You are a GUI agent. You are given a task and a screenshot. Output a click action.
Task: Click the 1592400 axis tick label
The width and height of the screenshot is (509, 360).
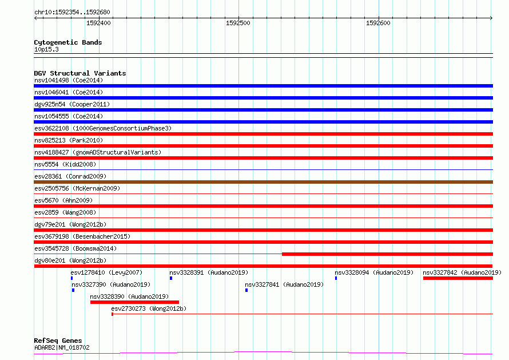[x=98, y=23]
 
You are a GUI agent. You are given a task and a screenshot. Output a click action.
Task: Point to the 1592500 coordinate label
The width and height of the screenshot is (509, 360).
[x=238, y=23]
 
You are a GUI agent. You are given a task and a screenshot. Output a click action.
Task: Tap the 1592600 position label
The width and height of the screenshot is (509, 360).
[x=378, y=23]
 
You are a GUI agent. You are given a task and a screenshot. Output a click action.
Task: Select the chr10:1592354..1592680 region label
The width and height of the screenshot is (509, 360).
[x=72, y=13]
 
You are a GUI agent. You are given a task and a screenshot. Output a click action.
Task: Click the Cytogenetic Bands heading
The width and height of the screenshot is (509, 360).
[x=68, y=42]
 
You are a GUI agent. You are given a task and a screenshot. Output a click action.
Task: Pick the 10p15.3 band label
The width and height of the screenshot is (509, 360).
[x=46, y=49]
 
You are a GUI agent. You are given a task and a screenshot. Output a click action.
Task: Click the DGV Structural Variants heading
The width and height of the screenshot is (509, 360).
[x=80, y=73]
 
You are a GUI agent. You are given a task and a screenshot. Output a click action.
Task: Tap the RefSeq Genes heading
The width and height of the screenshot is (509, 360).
[x=58, y=341]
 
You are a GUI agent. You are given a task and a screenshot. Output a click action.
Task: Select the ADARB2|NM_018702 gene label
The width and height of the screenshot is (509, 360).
[x=62, y=347]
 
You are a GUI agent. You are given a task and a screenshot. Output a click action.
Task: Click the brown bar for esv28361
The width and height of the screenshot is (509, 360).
[x=263, y=182]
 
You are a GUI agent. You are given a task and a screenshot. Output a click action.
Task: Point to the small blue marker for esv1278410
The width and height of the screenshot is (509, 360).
[x=71, y=278]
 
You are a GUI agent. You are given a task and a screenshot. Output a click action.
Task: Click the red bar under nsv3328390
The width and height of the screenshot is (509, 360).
[x=135, y=302]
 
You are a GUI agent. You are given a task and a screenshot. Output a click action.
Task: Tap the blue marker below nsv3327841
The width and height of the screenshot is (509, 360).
[x=246, y=290]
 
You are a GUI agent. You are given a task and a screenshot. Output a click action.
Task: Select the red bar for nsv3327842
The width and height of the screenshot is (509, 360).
[x=458, y=278]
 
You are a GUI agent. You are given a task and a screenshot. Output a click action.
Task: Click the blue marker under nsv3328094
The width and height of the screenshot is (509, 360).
[x=336, y=278]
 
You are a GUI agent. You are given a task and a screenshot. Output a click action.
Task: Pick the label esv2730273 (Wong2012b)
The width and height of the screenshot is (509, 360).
[x=149, y=308]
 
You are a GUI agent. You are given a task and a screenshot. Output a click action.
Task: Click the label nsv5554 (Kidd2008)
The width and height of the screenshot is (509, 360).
[x=65, y=164]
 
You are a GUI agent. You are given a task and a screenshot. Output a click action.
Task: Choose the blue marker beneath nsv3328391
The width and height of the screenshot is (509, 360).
[x=171, y=278]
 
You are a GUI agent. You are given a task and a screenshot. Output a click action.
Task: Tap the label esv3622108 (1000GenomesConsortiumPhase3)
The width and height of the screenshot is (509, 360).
[x=103, y=128]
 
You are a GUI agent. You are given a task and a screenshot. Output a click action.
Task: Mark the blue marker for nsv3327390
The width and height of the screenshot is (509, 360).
[x=73, y=290]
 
